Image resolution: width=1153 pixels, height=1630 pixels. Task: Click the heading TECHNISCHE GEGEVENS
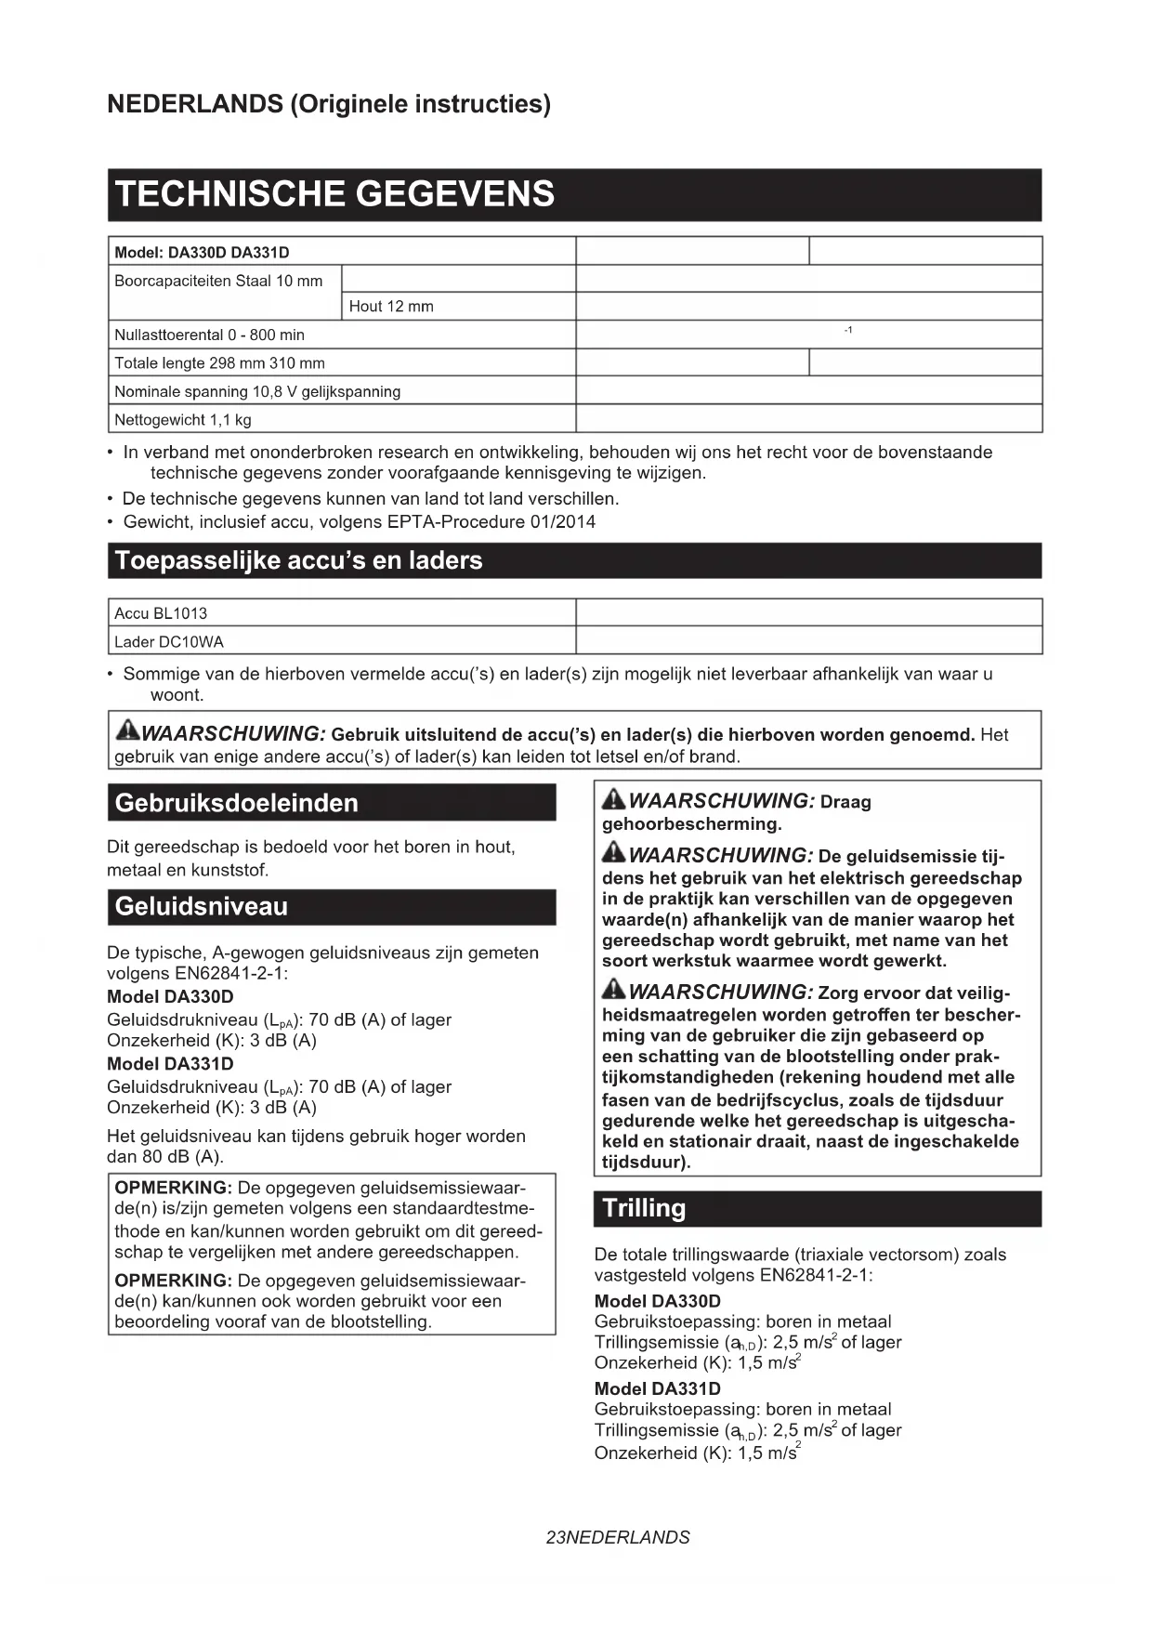pos(334,194)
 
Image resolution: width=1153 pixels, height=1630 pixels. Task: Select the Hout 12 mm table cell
pos(391,307)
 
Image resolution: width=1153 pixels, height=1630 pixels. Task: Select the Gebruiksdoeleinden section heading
pos(236,803)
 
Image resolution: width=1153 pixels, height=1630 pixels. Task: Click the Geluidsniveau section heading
pos(202,907)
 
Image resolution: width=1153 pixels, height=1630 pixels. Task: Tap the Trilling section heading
pos(644,1208)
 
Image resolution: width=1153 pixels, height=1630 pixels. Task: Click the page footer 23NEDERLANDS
pos(618,1537)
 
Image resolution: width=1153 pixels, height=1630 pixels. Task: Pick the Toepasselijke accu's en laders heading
pos(298,561)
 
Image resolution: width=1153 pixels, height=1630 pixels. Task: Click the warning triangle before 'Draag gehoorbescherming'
pos(613,799)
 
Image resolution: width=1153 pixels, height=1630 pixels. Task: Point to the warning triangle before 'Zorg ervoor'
pos(613,991)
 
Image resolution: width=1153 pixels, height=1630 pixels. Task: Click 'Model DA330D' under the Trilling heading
pos(657,1301)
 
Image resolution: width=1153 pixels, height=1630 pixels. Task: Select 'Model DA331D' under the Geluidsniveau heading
pos(170,1064)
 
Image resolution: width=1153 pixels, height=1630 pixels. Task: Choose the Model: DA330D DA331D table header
pos(202,253)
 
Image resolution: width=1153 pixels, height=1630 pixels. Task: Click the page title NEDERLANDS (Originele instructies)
pos(329,104)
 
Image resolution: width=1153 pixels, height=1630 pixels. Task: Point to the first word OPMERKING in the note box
pos(173,1188)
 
